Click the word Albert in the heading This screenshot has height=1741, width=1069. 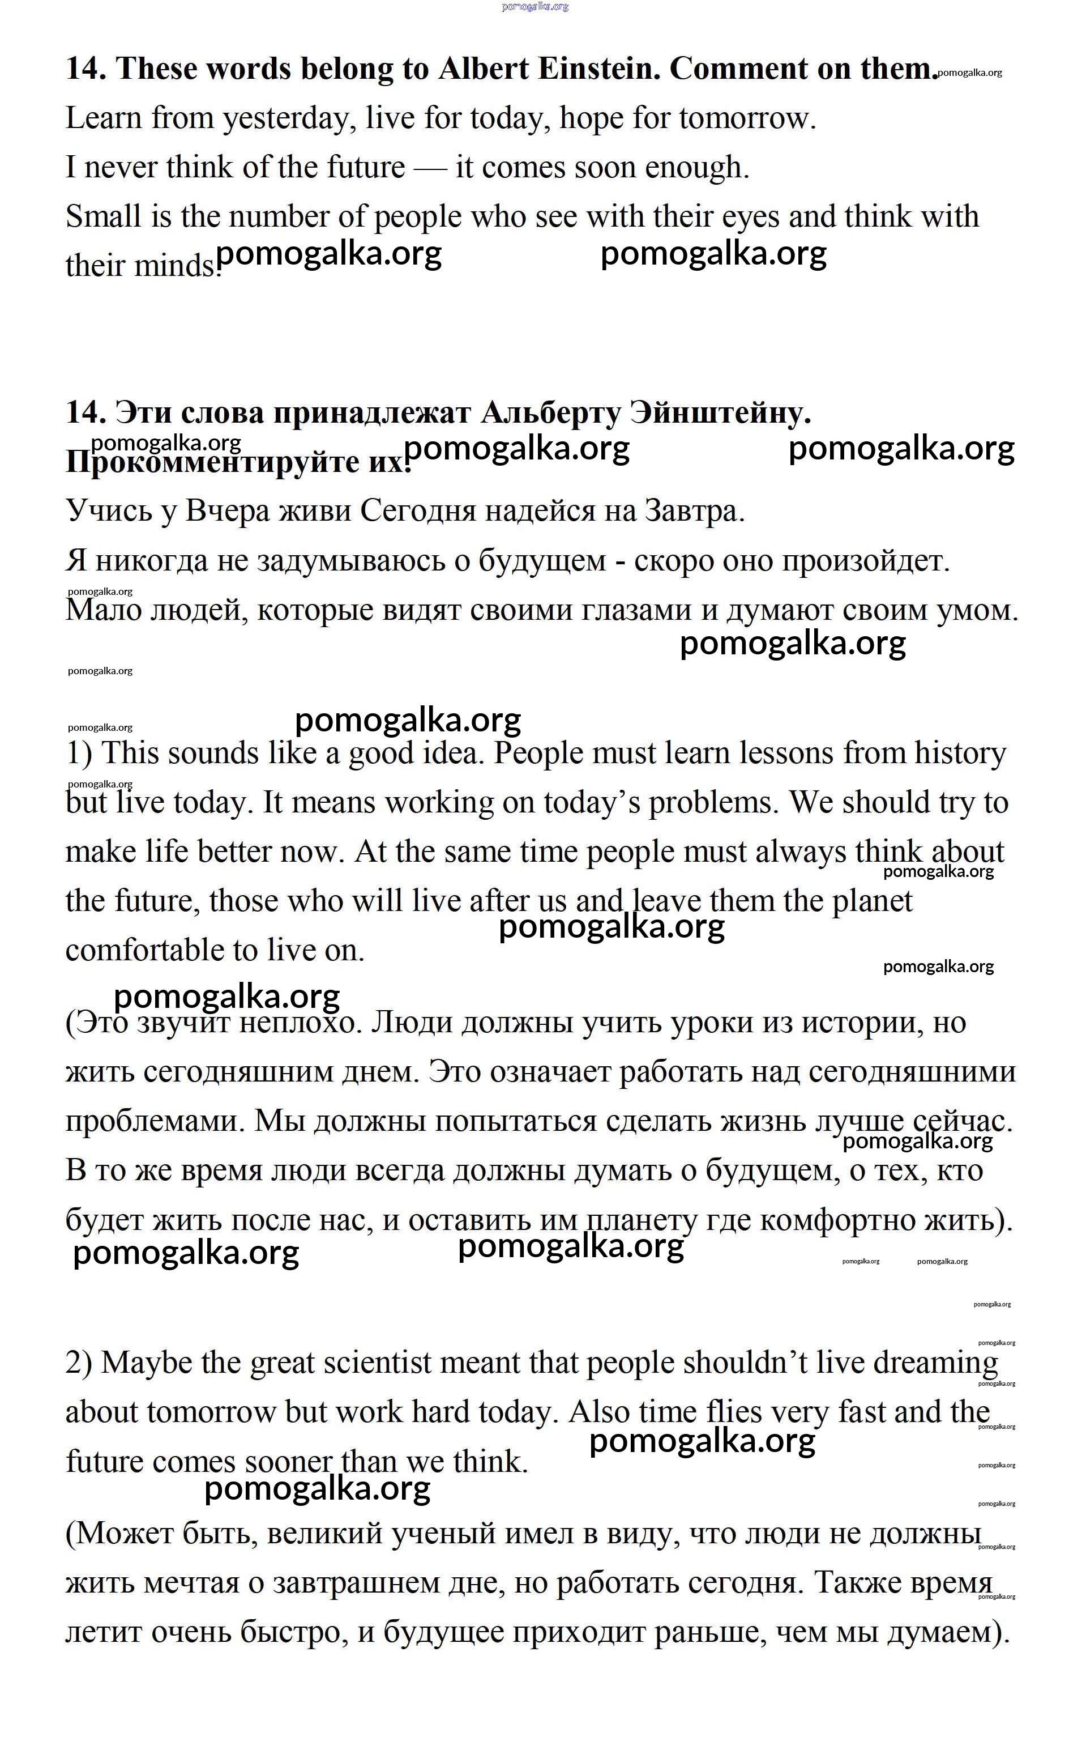click(x=484, y=69)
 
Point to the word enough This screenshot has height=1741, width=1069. click(x=696, y=168)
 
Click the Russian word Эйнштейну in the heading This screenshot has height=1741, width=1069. click(x=720, y=413)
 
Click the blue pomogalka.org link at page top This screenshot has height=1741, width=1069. click(x=535, y=6)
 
